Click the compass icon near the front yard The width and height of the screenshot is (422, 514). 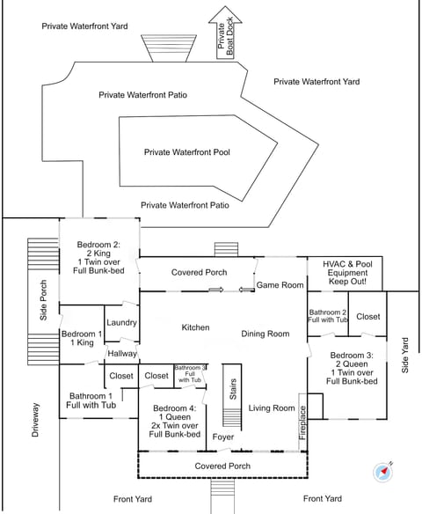coord(383,472)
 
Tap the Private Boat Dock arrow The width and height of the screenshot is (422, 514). coord(225,33)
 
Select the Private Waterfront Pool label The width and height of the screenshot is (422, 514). coord(187,152)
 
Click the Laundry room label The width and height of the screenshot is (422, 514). coord(121,322)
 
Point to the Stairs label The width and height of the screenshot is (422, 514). coord(233,389)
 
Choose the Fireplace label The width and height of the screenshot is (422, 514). coord(302,422)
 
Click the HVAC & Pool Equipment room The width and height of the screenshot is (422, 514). coord(345,274)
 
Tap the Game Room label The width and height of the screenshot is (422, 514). coord(280,285)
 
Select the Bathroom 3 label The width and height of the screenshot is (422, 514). coord(190,374)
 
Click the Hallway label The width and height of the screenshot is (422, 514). coord(122,354)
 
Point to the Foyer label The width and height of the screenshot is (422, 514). coord(223,437)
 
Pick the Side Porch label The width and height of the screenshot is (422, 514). coord(43,300)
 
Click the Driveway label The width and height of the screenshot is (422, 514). coord(35,420)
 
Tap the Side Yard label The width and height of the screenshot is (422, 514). coord(405,356)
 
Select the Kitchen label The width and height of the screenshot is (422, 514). coord(195,327)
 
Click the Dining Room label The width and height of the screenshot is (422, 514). coord(266,334)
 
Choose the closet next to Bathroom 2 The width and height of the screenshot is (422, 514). coord(367,313)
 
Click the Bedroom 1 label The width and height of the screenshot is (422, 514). coord(82,338)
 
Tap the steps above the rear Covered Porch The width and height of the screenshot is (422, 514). coord(226,249)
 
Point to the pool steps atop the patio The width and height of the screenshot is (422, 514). coord(169,48)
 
